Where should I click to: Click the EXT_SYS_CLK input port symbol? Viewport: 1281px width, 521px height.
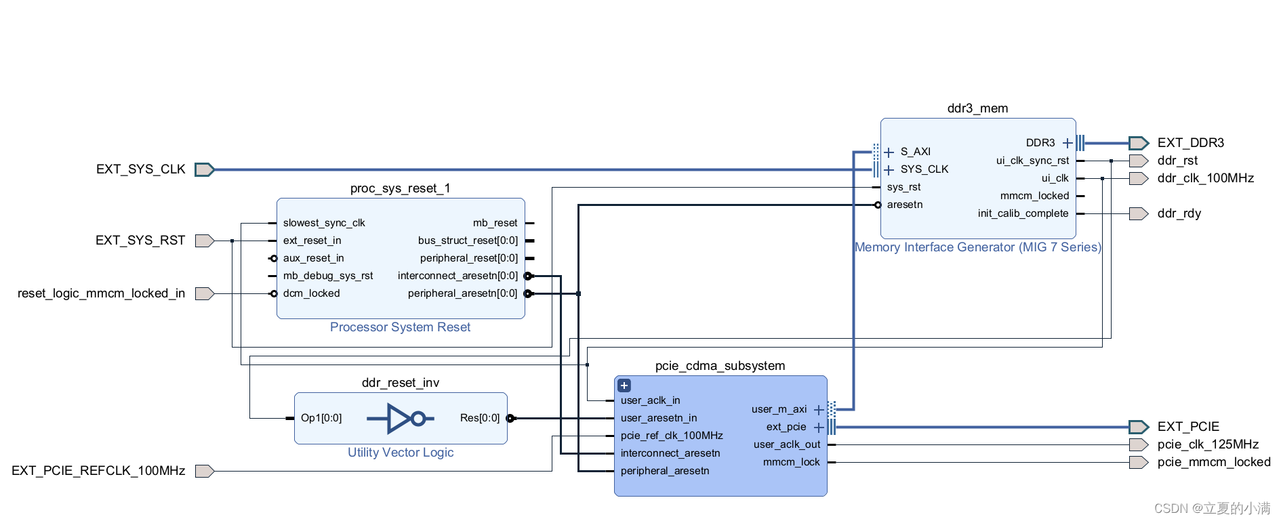[204, 169]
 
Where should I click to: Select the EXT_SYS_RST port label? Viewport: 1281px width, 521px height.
[140, 241]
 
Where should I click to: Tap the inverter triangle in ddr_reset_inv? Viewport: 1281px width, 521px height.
[399, 419]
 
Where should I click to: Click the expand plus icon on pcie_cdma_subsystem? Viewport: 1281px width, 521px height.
[624, 385]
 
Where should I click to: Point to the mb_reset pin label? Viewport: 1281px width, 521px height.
[495, 223]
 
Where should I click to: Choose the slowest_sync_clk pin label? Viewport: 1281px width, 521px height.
[324, 223]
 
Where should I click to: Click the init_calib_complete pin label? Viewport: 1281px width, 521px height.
[1023, 213]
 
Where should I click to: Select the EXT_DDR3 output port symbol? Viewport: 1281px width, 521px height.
[1139, 143]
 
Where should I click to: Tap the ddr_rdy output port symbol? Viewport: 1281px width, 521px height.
[1139, 214]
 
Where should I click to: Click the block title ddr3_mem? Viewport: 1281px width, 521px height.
[977, 108]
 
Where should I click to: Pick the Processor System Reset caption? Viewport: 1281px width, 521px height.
[400, 327]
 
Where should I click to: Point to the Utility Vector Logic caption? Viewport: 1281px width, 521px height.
[401, 453]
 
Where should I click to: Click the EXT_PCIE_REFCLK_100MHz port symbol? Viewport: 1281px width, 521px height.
[204, 471]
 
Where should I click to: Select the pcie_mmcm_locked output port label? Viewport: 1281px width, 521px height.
[1214, 462]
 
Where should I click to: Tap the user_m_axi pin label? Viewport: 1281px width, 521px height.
[779, 409]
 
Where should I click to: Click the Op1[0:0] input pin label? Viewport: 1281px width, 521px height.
[321, 418]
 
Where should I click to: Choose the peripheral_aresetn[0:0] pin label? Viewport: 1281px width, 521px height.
[462, 293]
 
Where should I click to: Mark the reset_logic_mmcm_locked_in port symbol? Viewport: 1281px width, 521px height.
[204, 293]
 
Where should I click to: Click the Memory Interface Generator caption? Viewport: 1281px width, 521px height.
[977, 247]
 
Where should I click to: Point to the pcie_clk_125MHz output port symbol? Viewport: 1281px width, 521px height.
[1139, 444]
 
